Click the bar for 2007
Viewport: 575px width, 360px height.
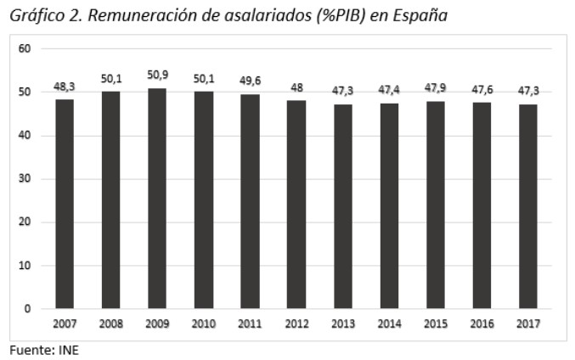click(65, 204)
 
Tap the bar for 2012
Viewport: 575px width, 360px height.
click(296, 205)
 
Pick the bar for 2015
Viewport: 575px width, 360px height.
click(435, 205)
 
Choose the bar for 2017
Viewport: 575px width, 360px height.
click(527, 206)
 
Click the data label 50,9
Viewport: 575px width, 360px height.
click(157, 75)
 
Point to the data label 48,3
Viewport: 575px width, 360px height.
click(65, 86)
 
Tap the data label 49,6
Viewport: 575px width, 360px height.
click(250, 81)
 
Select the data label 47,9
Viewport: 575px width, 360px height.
click(435, 87)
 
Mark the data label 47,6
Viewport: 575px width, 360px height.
click(482, 89)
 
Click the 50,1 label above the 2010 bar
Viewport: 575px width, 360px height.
click(204, 78)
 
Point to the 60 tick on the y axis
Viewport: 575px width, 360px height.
click(25, 48)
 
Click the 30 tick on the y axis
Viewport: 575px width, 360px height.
click(25, 179)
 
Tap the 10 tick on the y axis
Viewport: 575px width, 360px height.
click(25, 266)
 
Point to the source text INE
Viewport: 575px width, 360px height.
click(67, 350)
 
